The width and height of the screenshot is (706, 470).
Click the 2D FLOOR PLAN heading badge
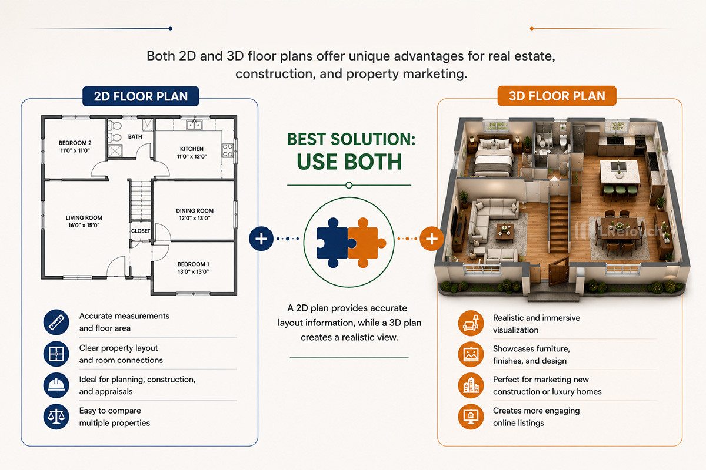[x=141, y=96]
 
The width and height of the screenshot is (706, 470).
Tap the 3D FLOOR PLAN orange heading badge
[x=557, y=96]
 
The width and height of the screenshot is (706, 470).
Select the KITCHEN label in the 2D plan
[x=192, y=149]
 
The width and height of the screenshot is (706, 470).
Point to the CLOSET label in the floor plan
[x=141, y=231]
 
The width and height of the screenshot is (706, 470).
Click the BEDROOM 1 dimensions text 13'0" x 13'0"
[x=193, y=271]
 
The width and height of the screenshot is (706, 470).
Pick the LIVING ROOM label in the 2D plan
[x=84, y=217]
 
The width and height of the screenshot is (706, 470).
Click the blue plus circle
[x=261, y=239]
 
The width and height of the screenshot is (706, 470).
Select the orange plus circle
[x=431, y=239]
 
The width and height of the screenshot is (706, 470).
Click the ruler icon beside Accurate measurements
[x=56, y=322]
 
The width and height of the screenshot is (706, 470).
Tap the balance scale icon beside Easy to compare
[x=56, y=417]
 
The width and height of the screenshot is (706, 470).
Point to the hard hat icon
[x=56, y=385]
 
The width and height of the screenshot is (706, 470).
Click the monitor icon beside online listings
[x=471, y=417]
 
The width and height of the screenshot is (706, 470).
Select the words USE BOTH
[x=349, y=162]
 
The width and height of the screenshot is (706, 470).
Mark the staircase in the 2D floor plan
[x=141, y=200]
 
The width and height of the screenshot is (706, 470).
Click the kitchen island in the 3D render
[x=620, y=172]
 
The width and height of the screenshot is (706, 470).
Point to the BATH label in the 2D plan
[x=135, y=137]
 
